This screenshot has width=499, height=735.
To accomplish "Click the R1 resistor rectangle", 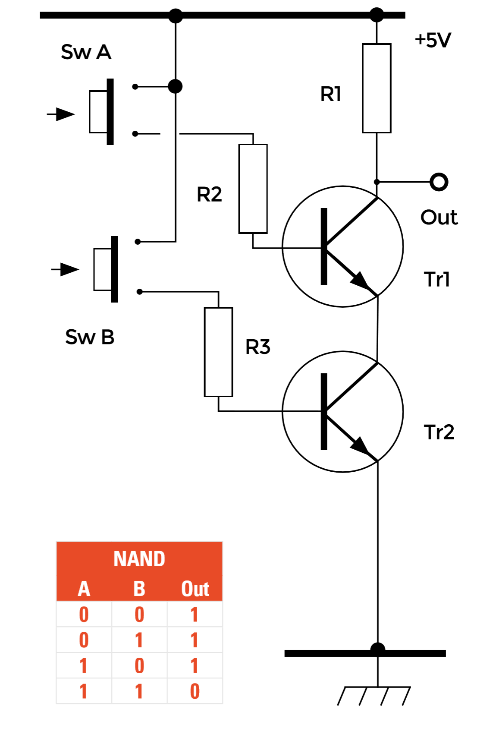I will pos(377,88).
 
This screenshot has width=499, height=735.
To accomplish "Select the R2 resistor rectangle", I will pos(253,189).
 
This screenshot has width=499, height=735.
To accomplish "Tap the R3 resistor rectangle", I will pos(219,352).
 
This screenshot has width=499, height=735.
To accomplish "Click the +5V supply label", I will pos(433,40).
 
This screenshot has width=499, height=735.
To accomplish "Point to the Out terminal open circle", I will pos(439,182).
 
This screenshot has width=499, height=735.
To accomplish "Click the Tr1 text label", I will pos(437,279).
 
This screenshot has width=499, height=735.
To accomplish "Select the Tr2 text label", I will pos(439,432).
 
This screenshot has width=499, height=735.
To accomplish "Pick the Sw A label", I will pos(86,52).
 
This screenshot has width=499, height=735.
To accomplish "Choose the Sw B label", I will pos(90,337).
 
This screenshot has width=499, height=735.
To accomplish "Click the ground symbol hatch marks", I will pos(373,696).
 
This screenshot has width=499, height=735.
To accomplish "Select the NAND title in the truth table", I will pos(139,559).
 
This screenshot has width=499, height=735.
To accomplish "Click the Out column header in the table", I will pos(195,589).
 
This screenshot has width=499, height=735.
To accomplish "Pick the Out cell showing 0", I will pos(195,691).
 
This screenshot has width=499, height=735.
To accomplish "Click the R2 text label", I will pos(209,194).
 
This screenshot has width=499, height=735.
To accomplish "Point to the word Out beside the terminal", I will pos(439,217).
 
